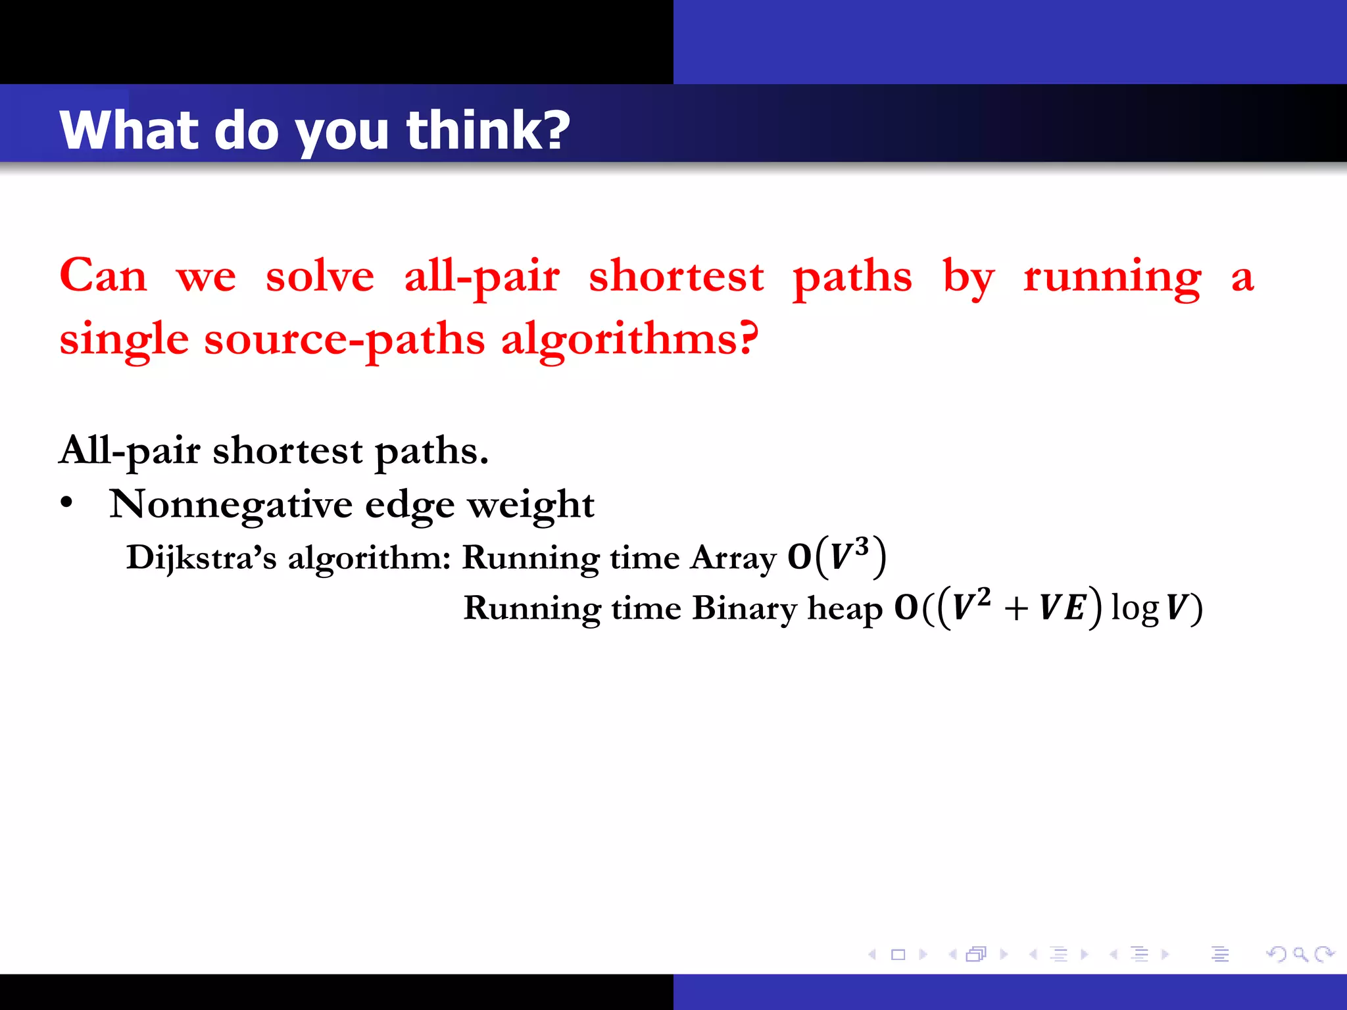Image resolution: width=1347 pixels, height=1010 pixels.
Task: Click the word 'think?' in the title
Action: pyautogui.click(x=487, y=130)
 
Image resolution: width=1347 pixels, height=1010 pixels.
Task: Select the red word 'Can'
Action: pyautogui.click(x=103, y=276)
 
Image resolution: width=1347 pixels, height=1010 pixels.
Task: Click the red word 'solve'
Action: pyautogui.click(x=320, y=276)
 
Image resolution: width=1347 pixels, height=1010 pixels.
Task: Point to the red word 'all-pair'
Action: pyautogui.click(x=481, y=277)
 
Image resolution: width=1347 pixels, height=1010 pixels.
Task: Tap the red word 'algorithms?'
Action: pyautogui.click(x=629, y=340)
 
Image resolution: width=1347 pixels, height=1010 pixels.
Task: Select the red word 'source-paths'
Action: pyautogui.click(x=344, y=340)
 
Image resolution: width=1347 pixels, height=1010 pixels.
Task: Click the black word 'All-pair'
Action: pyautogui.click(x=129, y=451)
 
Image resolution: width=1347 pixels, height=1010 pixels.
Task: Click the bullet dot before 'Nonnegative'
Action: pyautogui.click(x=66, y=503)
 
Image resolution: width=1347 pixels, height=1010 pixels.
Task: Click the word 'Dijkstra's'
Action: pyautogui.click(x=201, y=558)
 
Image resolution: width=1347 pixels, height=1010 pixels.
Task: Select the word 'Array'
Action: pyautogui.click(x=733, y=558)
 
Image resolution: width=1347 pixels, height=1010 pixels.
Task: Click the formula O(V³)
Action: pyautogui.click(x=837, y=556)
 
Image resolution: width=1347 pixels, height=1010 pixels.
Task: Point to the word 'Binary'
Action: pyautogui.click(x=744, y=608)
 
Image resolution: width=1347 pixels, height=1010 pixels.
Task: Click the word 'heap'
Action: pyautogui.click(x=845, y=608)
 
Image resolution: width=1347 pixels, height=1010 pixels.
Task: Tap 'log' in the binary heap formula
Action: pyautogui.click(x=1135, y=608)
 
